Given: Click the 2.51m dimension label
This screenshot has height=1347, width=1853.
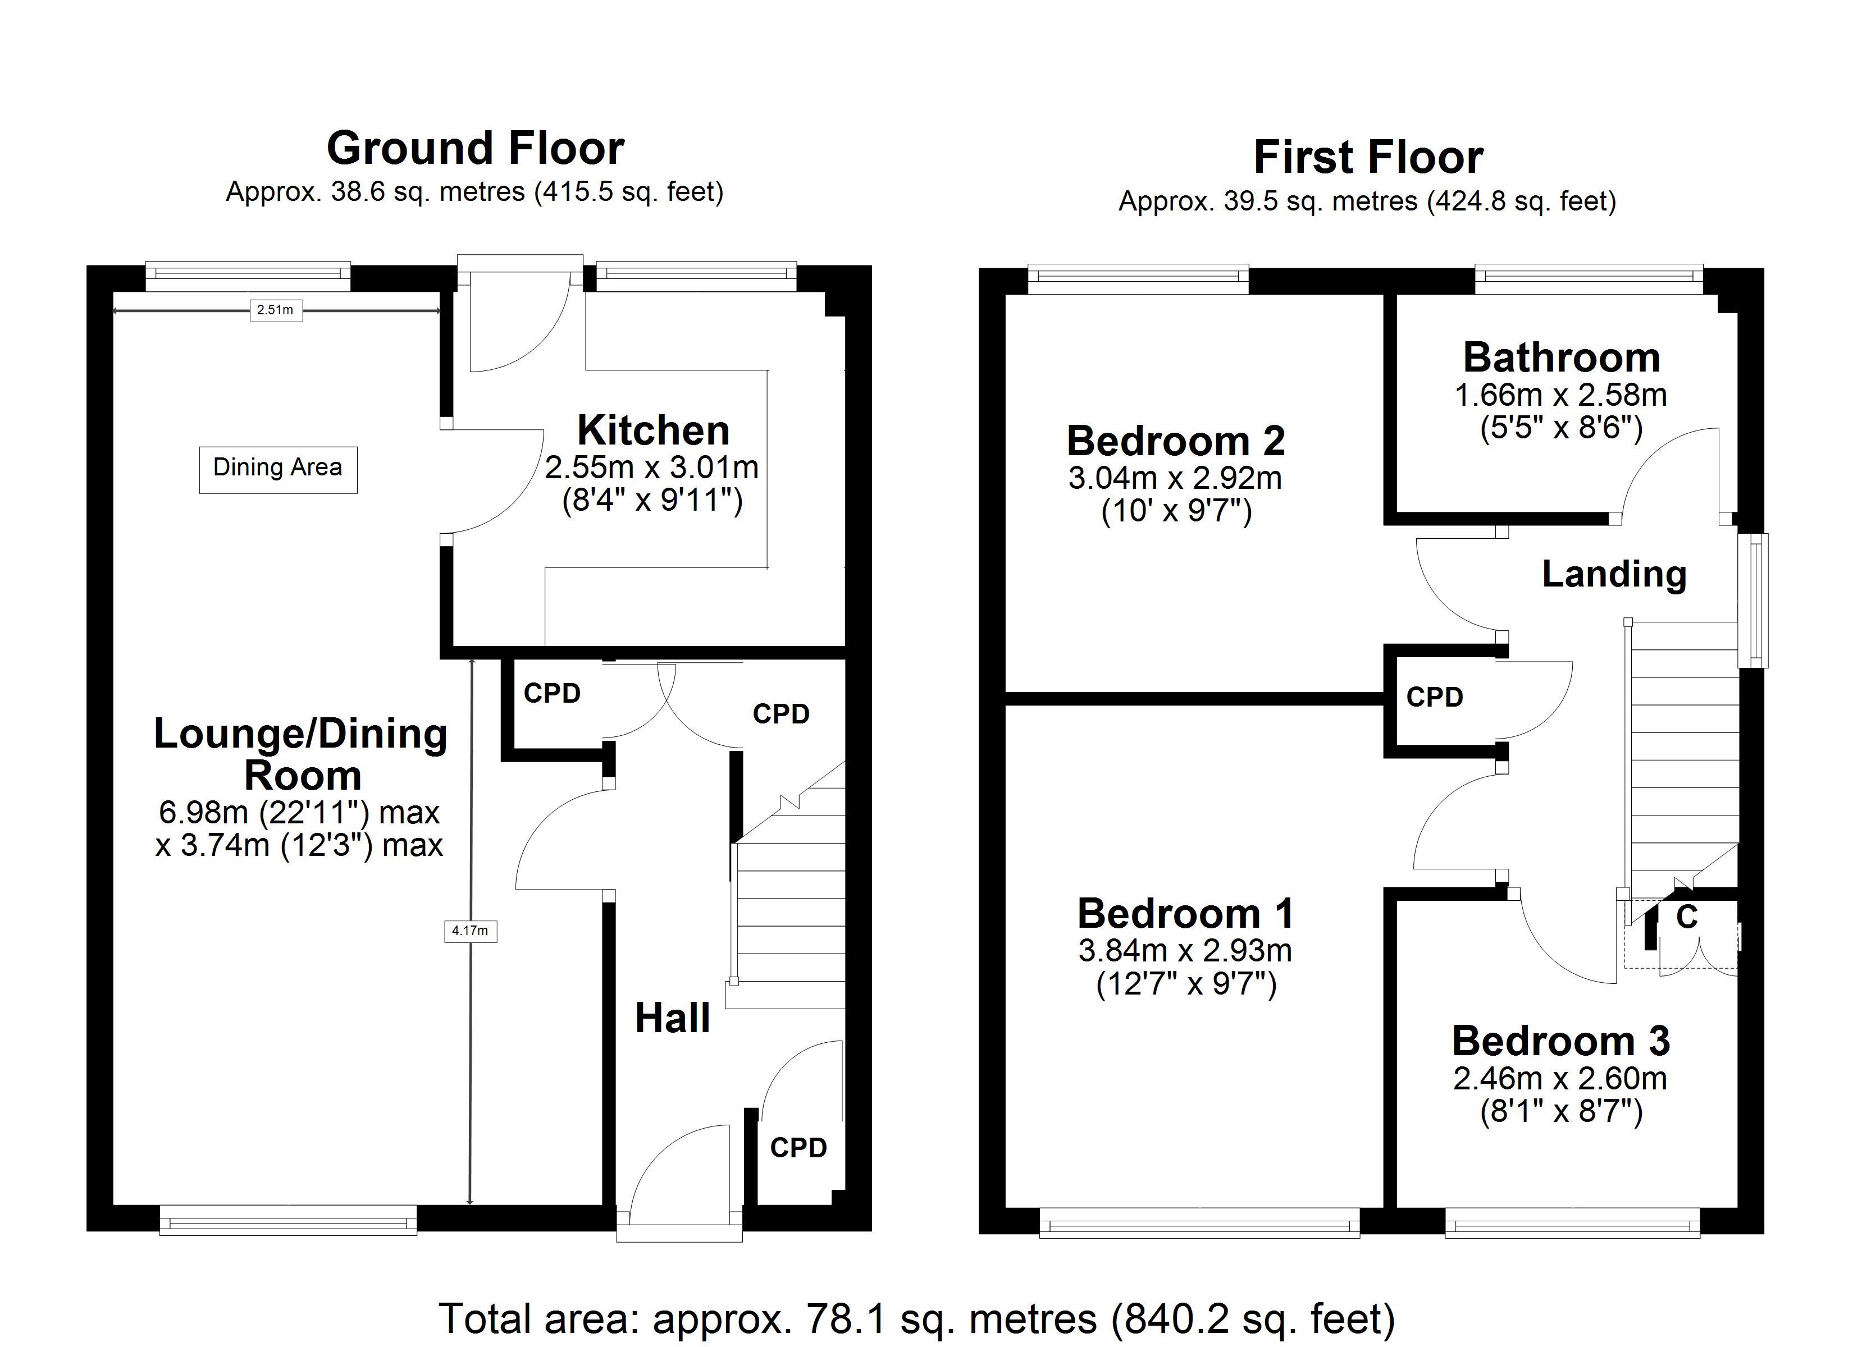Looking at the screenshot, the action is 275,310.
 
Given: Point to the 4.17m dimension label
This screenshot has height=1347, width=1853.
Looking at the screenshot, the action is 470,931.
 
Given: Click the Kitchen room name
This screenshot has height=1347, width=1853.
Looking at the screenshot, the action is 653,430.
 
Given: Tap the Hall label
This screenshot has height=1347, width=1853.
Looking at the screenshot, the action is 672,1019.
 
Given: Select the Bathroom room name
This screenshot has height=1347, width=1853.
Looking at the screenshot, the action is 1562,358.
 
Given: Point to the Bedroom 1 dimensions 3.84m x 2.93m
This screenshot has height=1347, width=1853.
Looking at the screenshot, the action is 1185,950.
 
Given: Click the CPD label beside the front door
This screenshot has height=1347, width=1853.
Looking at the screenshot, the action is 798,1148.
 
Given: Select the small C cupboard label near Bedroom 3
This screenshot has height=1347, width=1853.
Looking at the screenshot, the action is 1686,917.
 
